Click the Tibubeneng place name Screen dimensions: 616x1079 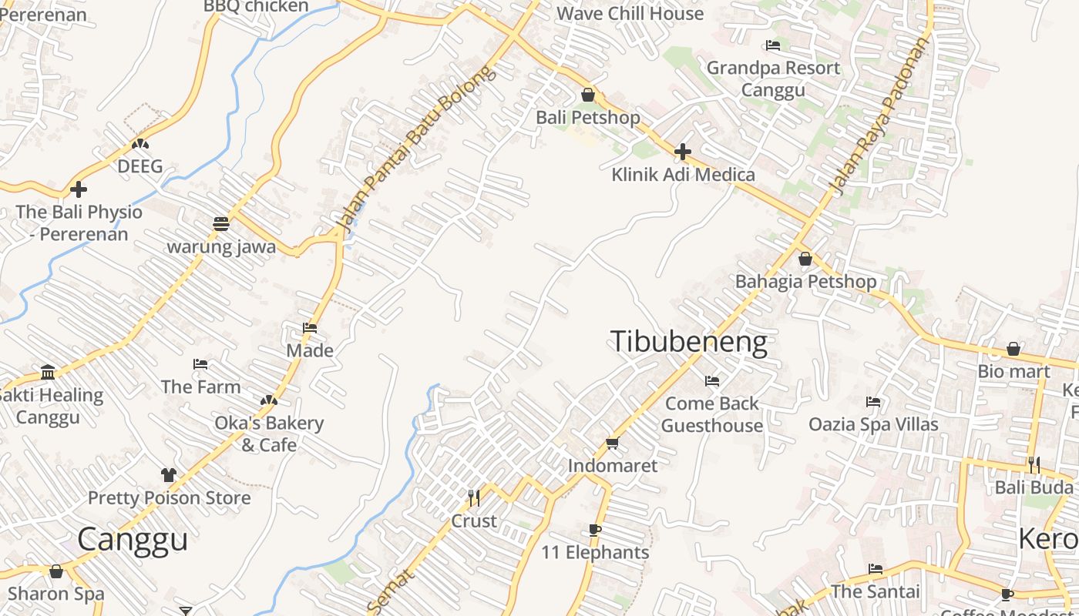689,342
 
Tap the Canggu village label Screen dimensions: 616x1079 133,539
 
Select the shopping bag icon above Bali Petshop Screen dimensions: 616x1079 588,95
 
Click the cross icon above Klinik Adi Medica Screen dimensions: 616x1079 682,152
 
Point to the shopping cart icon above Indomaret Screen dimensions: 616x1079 612,443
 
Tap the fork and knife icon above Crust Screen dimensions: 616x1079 474,498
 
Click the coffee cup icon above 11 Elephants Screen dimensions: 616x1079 594,530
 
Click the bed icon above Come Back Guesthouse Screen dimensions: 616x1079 712,380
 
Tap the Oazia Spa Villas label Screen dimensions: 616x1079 873,424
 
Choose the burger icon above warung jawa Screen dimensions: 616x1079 221,224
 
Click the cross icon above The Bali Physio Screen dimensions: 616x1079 79,189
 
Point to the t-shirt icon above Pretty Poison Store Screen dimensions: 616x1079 169,475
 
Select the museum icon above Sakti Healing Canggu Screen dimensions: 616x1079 48,373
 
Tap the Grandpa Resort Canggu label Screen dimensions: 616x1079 773,79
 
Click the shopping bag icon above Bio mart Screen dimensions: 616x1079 1013,349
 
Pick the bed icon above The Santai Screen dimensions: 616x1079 876,569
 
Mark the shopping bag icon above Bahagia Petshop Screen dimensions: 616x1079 805,259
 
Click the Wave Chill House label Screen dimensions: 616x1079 630,13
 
